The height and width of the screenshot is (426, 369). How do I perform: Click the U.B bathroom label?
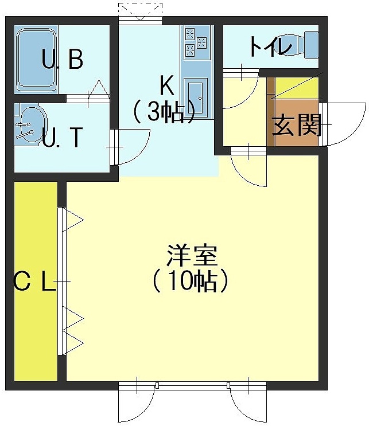63,59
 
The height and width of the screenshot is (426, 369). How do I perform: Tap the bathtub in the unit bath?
37,60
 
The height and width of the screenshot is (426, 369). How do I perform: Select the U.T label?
63,137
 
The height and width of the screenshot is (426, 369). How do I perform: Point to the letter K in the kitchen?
167,85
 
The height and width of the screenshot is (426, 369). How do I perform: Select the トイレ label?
270,46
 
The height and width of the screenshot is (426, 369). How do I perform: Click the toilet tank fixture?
311,45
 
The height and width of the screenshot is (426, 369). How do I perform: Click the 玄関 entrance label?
297,124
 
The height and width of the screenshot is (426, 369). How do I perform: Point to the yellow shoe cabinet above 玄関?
297,88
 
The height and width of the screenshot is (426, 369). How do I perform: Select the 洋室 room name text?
192,255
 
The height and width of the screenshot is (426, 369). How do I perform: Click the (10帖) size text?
191,281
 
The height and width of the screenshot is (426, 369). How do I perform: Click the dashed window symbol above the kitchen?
141,11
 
